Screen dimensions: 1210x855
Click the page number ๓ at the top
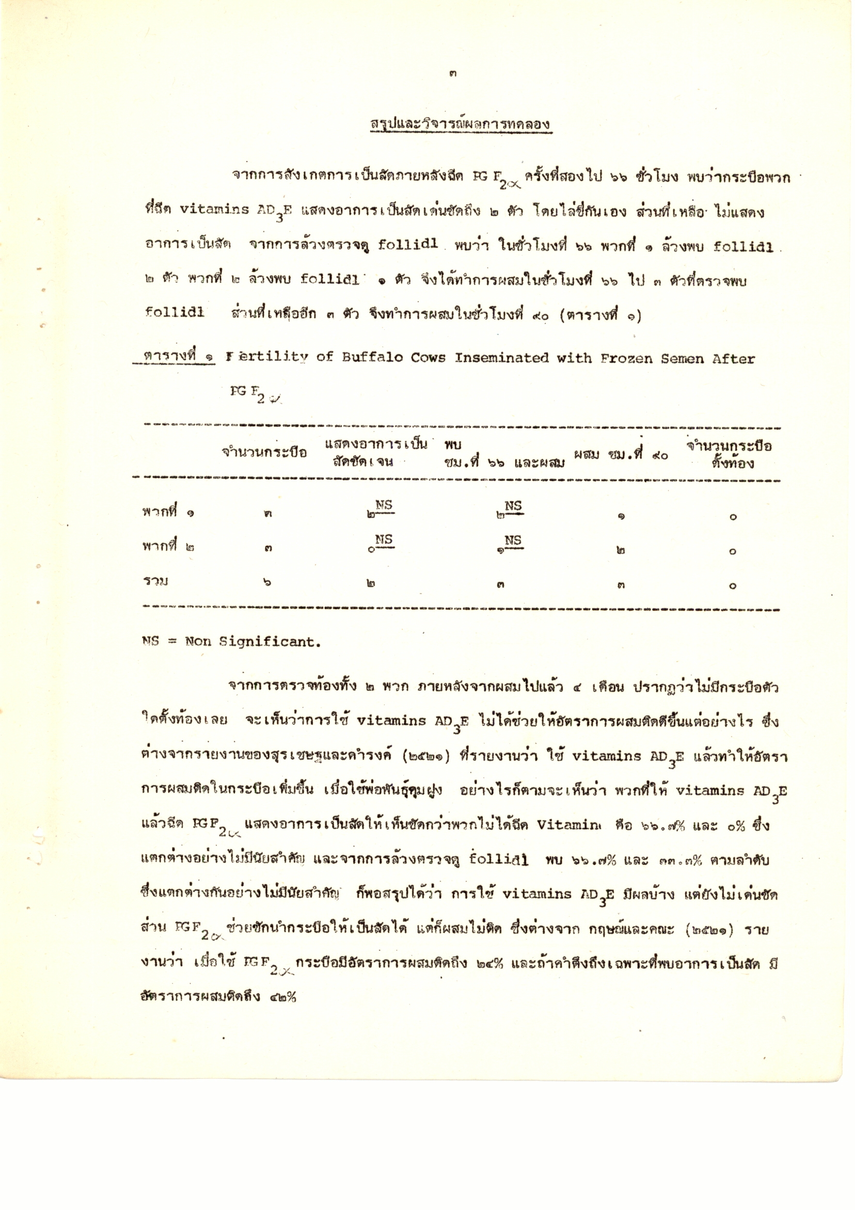[453, 74]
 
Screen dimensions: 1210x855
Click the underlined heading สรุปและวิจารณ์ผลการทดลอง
[461, 124]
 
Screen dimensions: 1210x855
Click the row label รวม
[155, 581]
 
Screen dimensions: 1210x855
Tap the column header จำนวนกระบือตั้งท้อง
[729, 454]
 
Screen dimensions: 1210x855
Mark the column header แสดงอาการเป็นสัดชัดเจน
[375, 453]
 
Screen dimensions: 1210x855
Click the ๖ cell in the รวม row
[267, 582]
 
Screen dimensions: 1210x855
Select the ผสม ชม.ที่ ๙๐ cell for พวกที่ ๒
[621, 551]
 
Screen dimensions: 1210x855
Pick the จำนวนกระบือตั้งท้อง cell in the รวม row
[732, 586]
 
